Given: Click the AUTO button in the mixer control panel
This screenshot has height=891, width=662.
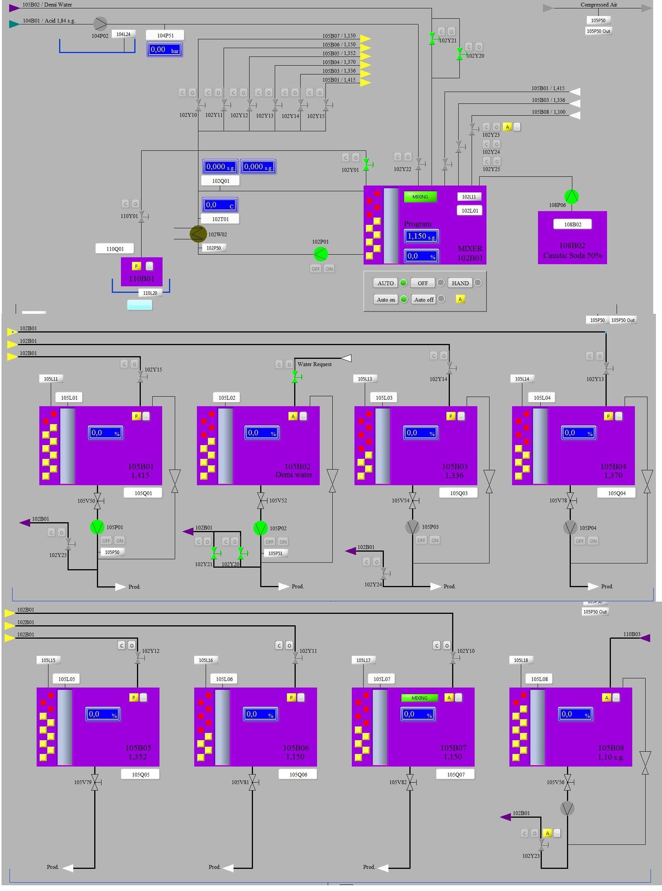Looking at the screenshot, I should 385,283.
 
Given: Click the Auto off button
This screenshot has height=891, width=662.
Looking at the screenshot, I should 424,299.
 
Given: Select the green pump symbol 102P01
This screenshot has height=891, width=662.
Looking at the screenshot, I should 320,254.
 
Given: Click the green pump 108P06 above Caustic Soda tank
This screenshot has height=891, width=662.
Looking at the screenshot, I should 572,196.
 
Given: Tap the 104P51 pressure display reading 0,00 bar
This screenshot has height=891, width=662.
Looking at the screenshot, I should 164,50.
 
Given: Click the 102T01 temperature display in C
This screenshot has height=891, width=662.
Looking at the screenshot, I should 220,205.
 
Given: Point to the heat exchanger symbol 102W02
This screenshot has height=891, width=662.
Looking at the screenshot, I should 198,234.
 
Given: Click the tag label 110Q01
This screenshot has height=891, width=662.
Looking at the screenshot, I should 115,249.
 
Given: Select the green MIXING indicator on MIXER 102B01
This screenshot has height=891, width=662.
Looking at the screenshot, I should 420,197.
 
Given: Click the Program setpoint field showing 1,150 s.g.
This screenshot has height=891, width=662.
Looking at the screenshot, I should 421,236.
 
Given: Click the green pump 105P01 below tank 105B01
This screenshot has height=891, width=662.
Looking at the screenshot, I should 97,527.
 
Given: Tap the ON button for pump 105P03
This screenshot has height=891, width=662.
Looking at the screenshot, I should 435,540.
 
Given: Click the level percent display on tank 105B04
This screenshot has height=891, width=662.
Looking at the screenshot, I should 578,433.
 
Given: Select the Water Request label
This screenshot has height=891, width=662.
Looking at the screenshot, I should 314,364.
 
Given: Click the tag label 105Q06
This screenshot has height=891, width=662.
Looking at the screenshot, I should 298,774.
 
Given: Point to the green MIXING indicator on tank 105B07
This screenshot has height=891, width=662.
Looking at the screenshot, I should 419,698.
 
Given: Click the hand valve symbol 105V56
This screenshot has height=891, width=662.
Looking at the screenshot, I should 567,782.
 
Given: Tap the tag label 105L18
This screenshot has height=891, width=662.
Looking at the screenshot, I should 521,660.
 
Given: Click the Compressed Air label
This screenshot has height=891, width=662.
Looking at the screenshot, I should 599,5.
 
